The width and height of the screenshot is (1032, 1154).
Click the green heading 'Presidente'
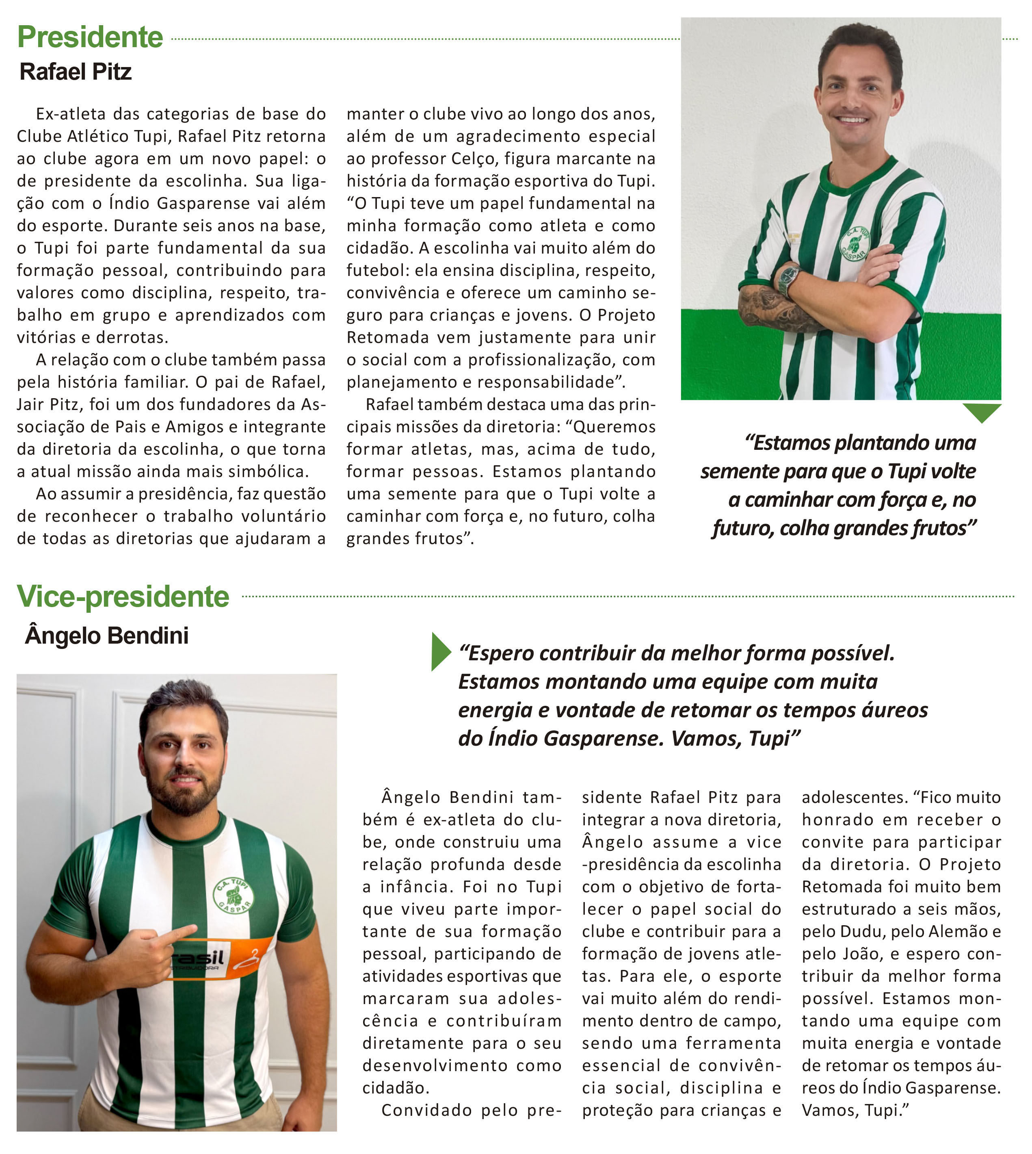(90, 37)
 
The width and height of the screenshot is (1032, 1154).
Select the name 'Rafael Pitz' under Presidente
(76, 72)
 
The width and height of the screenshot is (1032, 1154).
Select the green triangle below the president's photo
(982, 411)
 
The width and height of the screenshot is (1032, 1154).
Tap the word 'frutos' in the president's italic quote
(939, 528)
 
